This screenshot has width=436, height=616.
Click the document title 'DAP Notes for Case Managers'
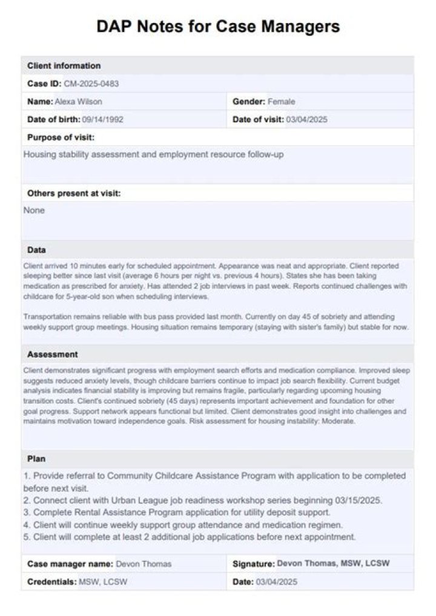click(218, 27)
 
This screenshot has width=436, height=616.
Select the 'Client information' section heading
click(64, 66)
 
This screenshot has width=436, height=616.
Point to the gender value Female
click(282, 102)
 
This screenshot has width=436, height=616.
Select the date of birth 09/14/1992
click(103, 120)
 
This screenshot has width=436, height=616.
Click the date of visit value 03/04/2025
click(307, 120)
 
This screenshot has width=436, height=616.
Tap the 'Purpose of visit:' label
click(61, 137)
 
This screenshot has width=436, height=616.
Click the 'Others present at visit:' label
click(74, 194)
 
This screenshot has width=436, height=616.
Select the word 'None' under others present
click(34, 211)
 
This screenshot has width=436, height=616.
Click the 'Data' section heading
click(36, 250)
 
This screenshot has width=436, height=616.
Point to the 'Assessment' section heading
click(52, 355)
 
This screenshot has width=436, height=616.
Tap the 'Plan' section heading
click(36, 459)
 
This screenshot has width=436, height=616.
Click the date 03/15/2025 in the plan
click(358, 500)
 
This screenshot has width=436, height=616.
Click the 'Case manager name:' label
click(70, 564)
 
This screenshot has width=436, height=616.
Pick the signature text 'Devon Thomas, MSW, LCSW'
click(334, 564)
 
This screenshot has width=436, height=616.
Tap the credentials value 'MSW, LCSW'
click(104, 582)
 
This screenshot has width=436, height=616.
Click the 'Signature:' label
click(254, 564)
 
